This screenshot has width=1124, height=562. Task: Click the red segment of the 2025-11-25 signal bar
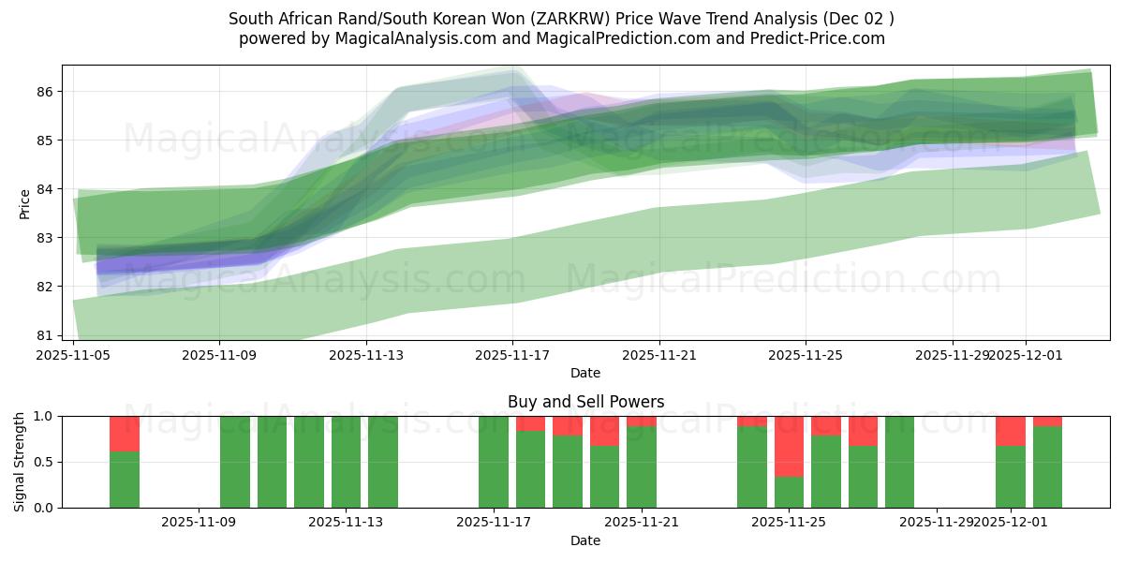[x=789, y=446]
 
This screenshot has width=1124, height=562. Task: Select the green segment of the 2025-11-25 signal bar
[x=789, y=492]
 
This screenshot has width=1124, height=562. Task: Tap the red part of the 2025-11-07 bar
[x=125, y=434]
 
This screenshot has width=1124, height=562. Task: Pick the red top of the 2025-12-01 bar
[x=1010, y=430]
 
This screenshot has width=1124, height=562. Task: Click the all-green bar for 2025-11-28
[x=899, y=462]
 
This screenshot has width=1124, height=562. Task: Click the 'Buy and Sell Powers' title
[x=585, y=402]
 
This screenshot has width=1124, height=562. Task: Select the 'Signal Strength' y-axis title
[x=20, y=462]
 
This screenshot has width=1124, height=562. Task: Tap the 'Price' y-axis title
[x=25, y=203]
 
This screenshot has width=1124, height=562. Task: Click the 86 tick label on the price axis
[x=45, y=92]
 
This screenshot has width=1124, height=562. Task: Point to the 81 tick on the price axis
[x=45, y=335]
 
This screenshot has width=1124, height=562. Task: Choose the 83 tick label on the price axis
[x=45, y=238]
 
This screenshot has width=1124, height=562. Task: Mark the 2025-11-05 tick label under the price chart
[x=73, y=355]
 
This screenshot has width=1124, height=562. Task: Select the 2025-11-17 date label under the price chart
[x=512, y=355]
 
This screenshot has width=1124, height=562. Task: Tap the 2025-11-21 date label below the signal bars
[x=642, y=523]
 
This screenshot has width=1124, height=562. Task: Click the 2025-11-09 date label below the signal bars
[x=199, y=523]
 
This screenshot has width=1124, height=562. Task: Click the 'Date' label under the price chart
[x=585, y=373]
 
